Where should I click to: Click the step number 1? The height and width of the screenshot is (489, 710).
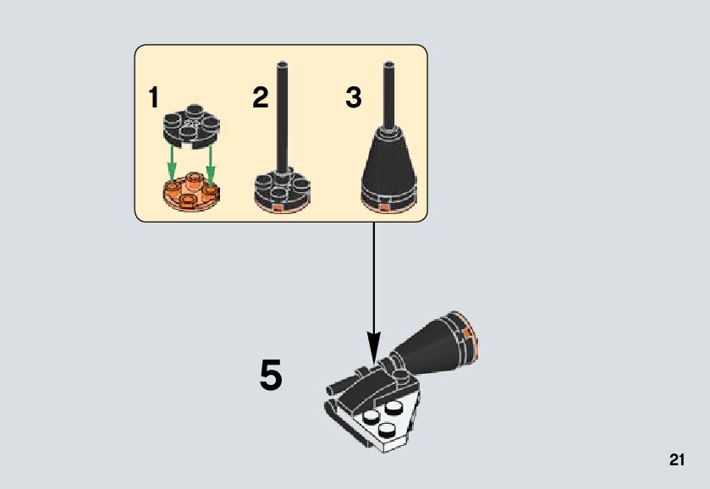tap(153, 98)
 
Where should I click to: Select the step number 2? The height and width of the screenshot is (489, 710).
tap(260, 98)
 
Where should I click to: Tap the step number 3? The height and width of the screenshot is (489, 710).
tap(354, 98)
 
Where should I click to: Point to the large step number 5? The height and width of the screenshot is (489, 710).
tap(271, 376)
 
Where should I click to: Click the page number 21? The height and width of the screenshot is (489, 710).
tap(676, 460)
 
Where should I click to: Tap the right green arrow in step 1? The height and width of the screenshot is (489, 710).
tap(210, 159)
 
